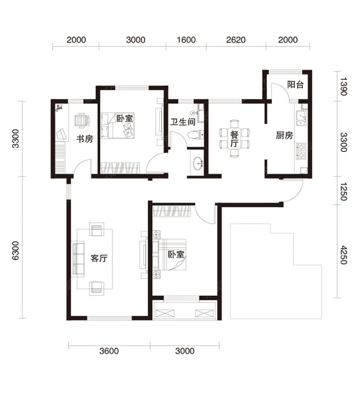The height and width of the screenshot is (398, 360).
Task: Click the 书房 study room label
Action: click(85, 139)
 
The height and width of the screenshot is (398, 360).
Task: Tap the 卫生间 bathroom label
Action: click(182, 122)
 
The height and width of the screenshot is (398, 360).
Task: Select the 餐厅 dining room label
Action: click(234, 139)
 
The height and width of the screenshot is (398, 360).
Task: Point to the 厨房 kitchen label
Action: click(284, 135)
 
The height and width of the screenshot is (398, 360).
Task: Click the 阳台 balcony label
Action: click(295, 85)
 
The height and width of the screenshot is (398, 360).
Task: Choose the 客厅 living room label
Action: click(99, 258)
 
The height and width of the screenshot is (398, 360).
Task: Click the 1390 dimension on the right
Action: click(344, 86)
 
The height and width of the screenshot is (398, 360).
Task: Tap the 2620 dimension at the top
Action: click(236, 40)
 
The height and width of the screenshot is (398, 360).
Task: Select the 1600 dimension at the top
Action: click(186, 40)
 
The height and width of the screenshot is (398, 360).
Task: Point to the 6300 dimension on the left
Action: click(15, 251)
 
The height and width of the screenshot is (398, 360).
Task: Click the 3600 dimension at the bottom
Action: click(109, 351)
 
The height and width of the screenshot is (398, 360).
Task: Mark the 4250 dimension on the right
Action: click(344, 255)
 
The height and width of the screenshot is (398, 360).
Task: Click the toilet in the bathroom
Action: click(195, 134)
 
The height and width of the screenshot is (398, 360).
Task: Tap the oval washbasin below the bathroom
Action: click(197, 164)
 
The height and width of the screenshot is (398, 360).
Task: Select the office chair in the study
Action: click(82, 120)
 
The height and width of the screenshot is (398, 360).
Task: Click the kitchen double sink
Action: click(301, 118)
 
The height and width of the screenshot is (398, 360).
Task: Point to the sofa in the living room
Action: click(78, 258)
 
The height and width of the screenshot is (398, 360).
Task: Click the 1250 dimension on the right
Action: click(344, 191)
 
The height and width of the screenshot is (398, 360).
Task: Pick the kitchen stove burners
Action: click(302, 151)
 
